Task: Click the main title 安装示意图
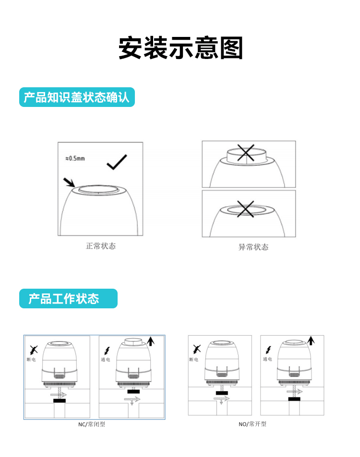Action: pyautogui.click(x=180, y=48)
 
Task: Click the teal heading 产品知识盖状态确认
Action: pyautogui.click(x=76, y=97)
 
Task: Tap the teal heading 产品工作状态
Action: pyautogui.click(x=63, y=299)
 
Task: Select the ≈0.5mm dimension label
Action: pyautogui.click(x=75, y=158)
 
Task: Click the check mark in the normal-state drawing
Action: pyautogui.click(x=117, y=162)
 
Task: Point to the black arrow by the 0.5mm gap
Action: pyautogui.click(x=69, y=182)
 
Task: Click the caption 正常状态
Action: pyautogui.click(x=101, y=246)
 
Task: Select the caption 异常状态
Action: pyautogui.click(x=253, y=247)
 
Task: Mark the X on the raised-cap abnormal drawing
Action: pyautogui.click(x=246, y=152)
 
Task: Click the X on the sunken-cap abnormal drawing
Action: pyautogui.click(x=245, y=209)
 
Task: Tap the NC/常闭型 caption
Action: pyautogui.click(x=91, y=424)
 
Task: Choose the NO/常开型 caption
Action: pyautogui.click(x=252, y=424)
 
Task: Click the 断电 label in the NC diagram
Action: pyautogui.click(x=31, y=359)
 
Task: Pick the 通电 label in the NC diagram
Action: pyautogui.click(x=106, y=359)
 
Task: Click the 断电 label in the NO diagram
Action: pyautogui.click(x=194, y=359)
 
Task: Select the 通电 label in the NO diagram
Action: pyautogui.click(x=267, y=359)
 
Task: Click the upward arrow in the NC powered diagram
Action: pyautogui.click(x=151, y=341)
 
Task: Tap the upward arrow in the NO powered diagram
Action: pyautogui.click(x=311, y=340)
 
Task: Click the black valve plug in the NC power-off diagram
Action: pyautogui.click(x=60, y=401)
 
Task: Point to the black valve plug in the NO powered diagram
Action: pyautogui.click(x=294, y=399)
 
